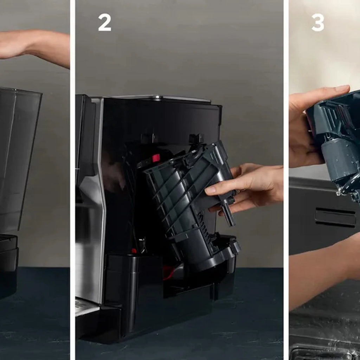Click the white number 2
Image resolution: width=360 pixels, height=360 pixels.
click(105, 22)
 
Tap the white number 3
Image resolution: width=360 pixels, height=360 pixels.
click(318, 22)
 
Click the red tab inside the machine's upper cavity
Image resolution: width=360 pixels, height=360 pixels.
click(156, 158)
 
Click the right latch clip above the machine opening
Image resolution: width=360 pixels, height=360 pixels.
click(196, 139)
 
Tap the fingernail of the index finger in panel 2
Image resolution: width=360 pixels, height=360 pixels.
click(210, 190)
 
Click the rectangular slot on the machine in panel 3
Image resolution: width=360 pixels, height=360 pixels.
click(335, 217)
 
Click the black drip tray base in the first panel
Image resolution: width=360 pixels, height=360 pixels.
click(8, 266)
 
